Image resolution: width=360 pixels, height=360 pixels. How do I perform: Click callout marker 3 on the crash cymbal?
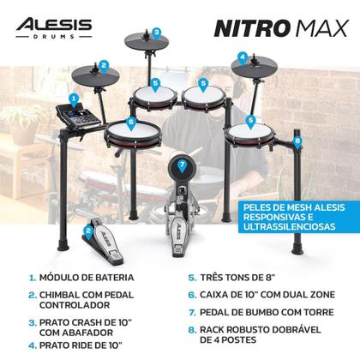157,33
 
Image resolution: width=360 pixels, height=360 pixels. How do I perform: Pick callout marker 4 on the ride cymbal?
243,58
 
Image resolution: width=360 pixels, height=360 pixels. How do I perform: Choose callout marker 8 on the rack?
297,141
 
